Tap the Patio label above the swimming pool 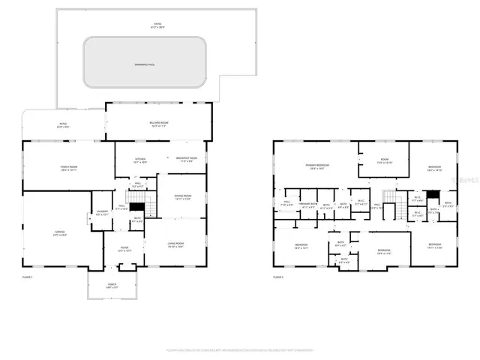[157, 25]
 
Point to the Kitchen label [140, 160]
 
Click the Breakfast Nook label [187, 159]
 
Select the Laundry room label [102, 212]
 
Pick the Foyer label [125, 249]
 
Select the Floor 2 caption [278, 277]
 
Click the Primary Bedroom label [317, 166]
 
